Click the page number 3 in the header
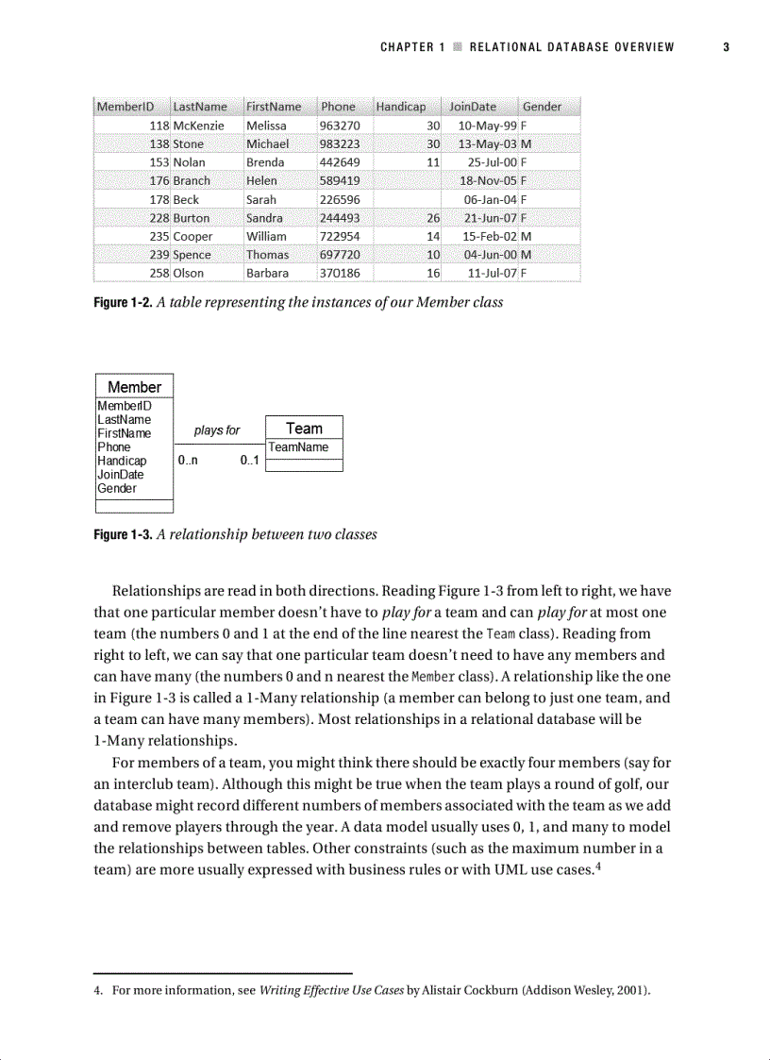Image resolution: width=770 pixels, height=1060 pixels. [x=727, y=47]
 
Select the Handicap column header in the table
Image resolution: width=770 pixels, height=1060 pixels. [x=401, y=107]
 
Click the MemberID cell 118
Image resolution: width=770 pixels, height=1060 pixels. [x=159, y=126]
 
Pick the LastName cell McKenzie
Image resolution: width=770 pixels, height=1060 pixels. [x=198, y=126]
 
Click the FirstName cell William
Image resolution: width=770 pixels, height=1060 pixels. [x=266, y=236]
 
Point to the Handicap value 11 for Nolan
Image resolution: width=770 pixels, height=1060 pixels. [x=433, y=162]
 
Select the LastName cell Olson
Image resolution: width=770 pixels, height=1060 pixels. [x=188, y=273]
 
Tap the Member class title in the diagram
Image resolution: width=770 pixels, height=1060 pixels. [x=134, y=387]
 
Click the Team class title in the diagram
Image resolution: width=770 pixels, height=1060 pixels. [x=304, y=429]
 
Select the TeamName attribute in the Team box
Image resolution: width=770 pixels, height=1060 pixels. [x=298, y=447]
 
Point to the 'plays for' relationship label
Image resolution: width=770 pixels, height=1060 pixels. [x=217, y=430]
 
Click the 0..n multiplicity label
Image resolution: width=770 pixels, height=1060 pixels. [x=188, y=462]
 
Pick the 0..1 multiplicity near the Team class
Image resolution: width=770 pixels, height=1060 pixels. [x=250, y=462]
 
